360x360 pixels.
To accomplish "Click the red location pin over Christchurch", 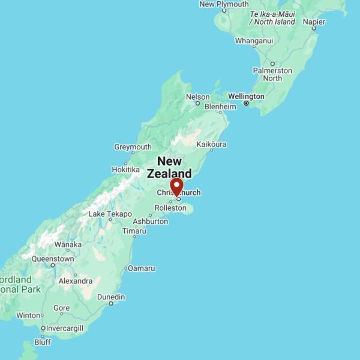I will (x=177, y=186).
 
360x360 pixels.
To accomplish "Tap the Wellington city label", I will (x=246, y=96).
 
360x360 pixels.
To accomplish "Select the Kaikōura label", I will (x=211, y=145).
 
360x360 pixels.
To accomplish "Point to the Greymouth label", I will (x=133, y=147).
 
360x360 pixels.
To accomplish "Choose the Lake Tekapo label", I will (x=110, y=214).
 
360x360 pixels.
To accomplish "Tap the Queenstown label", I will (x=53, y=259).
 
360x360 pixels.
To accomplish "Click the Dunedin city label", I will (x=111, y=297).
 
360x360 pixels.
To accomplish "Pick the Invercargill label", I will (x=62, y=328).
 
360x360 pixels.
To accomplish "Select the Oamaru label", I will (x=142, y=268).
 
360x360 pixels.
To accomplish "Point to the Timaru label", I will (x=134, y=231).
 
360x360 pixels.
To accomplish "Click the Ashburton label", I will (x=150, y=221).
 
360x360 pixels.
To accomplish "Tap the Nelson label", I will (x=198, y=97).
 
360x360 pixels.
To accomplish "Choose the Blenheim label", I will (x=221, y=106).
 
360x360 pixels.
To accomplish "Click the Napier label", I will (x=314, y=22).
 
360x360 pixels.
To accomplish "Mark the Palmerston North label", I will (x=272, y=74).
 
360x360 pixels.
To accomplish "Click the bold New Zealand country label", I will (x=169, y=167).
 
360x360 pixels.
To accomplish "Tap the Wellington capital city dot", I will (x=246, y=104).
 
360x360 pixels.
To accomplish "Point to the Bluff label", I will (x=43, y=342).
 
